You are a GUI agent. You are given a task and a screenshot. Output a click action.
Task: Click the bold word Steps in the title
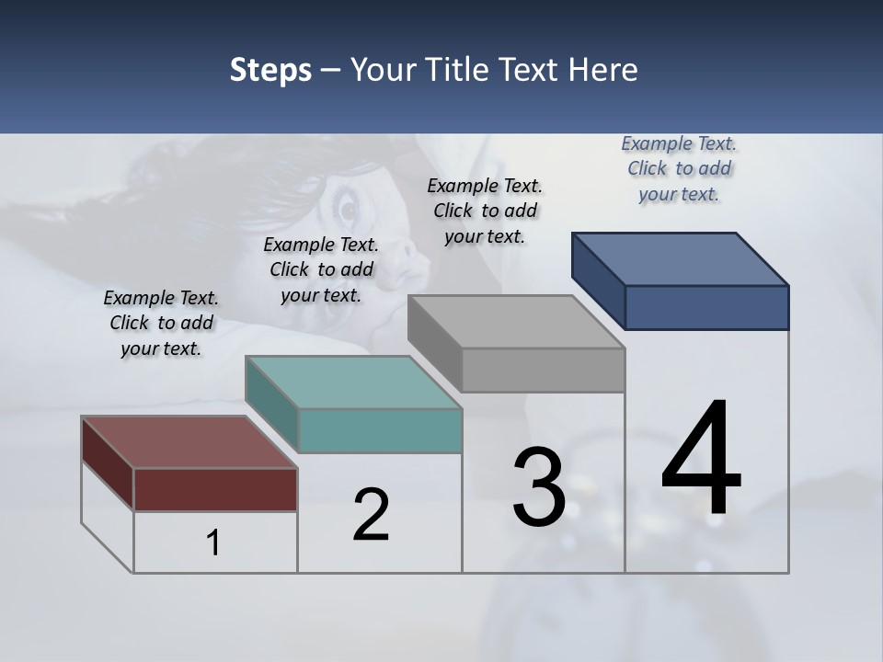270,70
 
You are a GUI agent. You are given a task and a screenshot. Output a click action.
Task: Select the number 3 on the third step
539,487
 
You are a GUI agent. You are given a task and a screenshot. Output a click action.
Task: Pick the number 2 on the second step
371,515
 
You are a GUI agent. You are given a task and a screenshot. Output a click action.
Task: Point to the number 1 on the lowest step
213,542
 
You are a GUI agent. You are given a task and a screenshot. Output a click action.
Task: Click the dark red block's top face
189,442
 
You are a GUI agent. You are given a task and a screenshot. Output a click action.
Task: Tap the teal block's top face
353,382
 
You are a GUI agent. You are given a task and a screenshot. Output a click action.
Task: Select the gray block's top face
516,322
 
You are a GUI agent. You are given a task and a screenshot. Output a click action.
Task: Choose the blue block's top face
681,259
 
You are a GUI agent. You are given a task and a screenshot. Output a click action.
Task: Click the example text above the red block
161,323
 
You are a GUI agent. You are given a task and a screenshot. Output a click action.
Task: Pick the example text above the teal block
321,269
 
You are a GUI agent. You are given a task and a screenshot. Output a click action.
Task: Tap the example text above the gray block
485,211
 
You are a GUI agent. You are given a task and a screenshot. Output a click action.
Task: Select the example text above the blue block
679,168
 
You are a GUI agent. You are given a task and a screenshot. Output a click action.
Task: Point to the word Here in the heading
603,70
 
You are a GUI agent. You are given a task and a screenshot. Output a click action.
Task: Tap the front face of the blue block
706,307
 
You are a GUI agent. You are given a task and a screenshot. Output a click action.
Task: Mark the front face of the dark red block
215,489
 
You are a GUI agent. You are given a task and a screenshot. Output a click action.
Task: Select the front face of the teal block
380,430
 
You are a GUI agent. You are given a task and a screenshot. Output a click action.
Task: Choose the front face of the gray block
543,370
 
